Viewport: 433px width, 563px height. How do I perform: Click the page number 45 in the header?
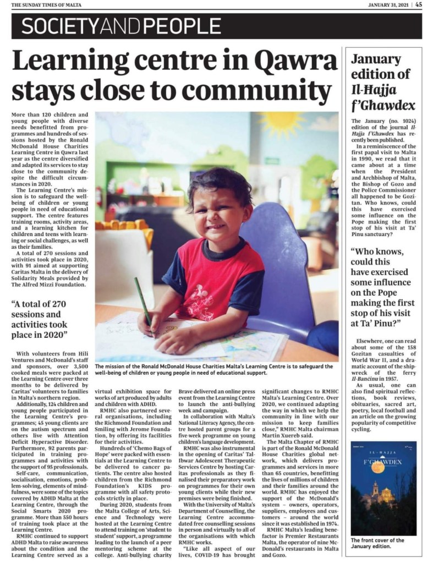point(419,4)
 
